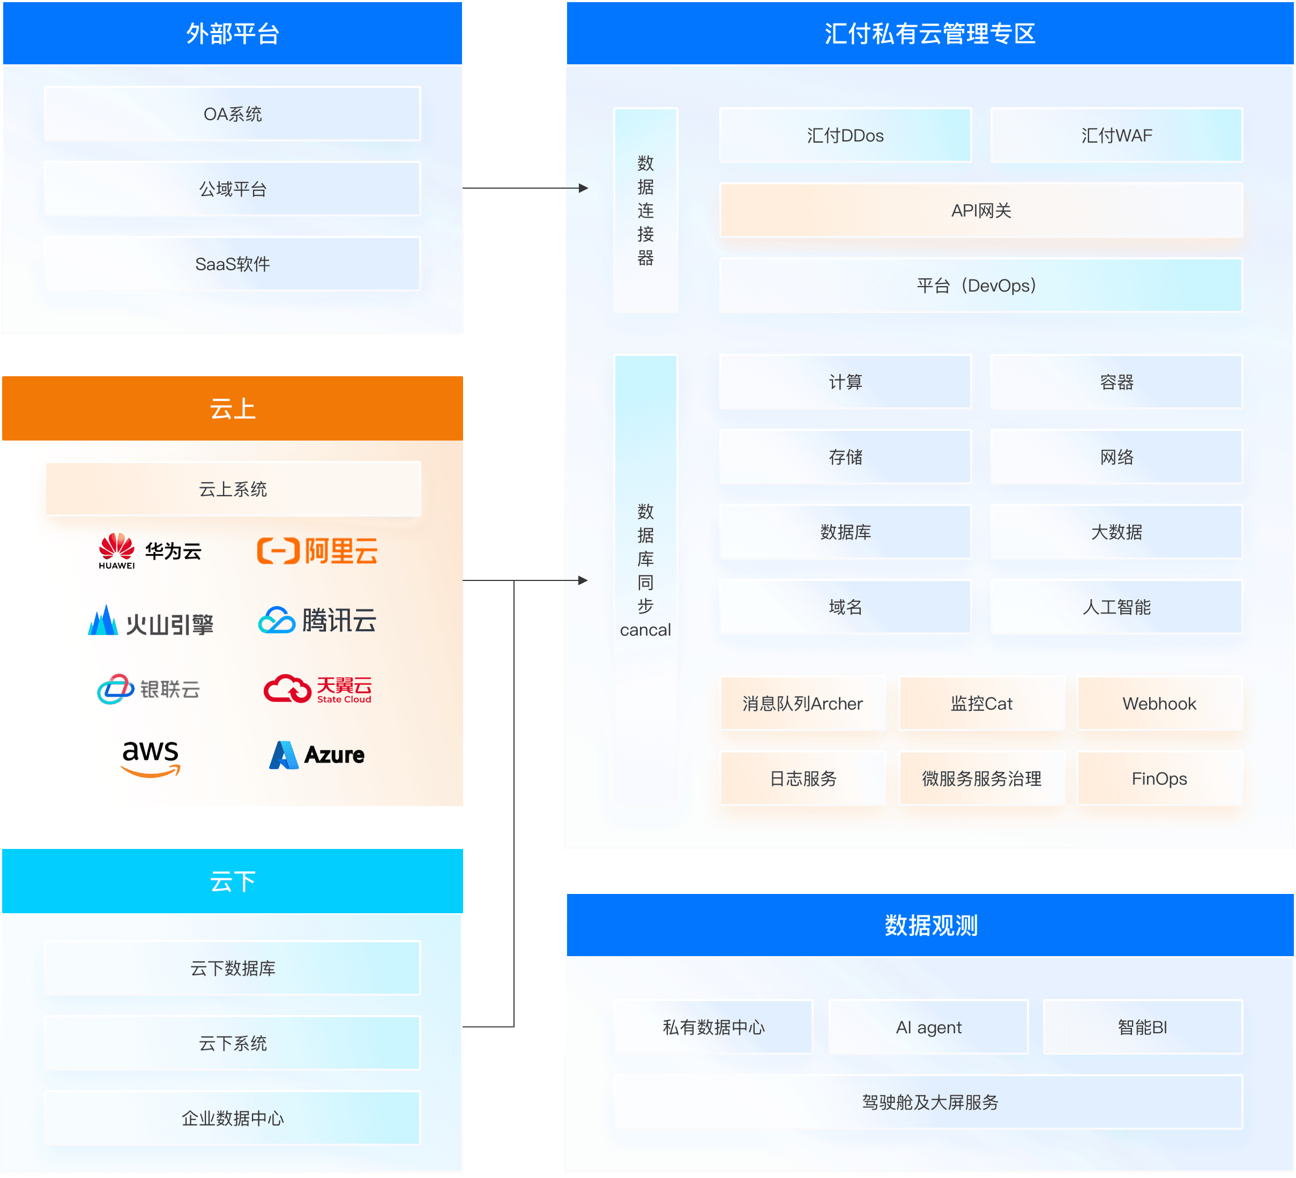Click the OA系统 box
tap(232, 114)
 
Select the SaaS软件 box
tap(232, 264)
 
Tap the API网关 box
tap(980, 210)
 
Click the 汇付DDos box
tap(845, 135)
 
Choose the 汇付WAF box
tap(1116, 135)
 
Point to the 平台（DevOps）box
tap(980, 285)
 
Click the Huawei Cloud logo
tap(149, 551)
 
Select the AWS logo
tap(151, 757)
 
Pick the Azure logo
tap(317, 755)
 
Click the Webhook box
tap(1159, 703)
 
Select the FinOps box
tap(1159, 778)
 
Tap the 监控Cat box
tap(981, 703)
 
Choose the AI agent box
tap(928, 1027)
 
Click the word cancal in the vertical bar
tap(645, 630)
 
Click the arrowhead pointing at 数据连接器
tap(583, 188)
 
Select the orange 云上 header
tap(232, 408)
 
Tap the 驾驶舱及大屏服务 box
tap(928, 1102)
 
